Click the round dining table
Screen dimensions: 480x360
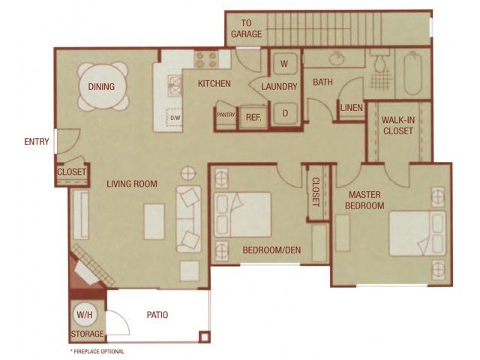[101, 86]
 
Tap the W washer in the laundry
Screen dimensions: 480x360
[285, 64]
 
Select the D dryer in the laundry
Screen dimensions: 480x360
[285, 113]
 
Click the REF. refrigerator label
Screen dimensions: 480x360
[253, 117]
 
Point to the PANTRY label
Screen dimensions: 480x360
[226, 115]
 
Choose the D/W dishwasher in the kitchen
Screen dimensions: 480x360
[175, 117]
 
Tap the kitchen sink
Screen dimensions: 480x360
[175, 85]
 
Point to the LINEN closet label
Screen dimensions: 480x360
[352, 108]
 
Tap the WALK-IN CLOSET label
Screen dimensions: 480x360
[398, 125]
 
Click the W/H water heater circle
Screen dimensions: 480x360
[85, 315]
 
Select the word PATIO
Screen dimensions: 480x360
[157, 315]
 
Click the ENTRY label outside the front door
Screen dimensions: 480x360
[37, 142]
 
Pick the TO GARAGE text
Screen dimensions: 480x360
[247, 28]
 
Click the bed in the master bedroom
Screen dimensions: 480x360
[418, 233]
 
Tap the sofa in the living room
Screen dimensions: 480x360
[189, 219]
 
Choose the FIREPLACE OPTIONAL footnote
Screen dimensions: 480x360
[97, 352]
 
